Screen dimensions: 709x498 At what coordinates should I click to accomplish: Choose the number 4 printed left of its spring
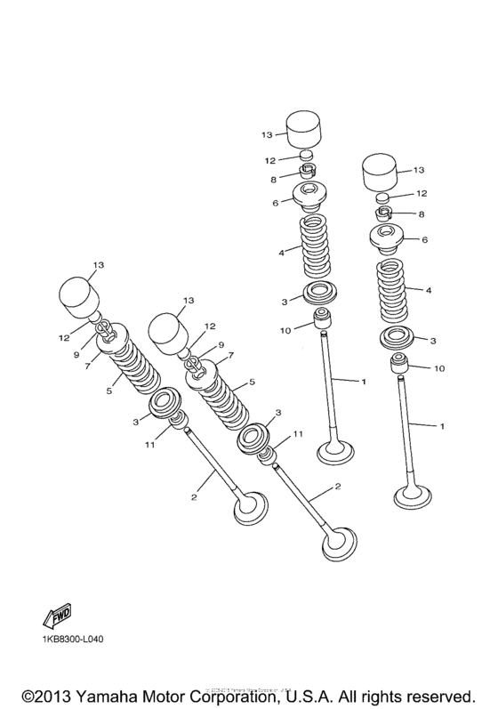coord(280,254)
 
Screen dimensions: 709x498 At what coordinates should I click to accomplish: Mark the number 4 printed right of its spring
coord(429,290)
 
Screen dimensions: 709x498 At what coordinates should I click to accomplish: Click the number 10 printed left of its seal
coord(285,331)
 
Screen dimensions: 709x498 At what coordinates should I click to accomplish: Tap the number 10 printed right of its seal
coord(438,367)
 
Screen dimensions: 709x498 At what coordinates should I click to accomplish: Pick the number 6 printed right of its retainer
coord(424,240)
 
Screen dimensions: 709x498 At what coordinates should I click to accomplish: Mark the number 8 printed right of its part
coord(421,214)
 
